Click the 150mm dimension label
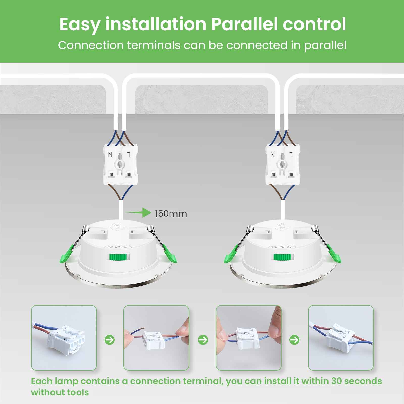(x=171, y=214)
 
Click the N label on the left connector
(x=110, y=154)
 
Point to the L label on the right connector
(x=291, y=154)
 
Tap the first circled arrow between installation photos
(x=110, y=340)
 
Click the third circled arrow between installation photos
(x=294, y=340)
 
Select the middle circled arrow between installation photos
(x=203, y=340)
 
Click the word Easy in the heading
(x=80, y=24)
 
